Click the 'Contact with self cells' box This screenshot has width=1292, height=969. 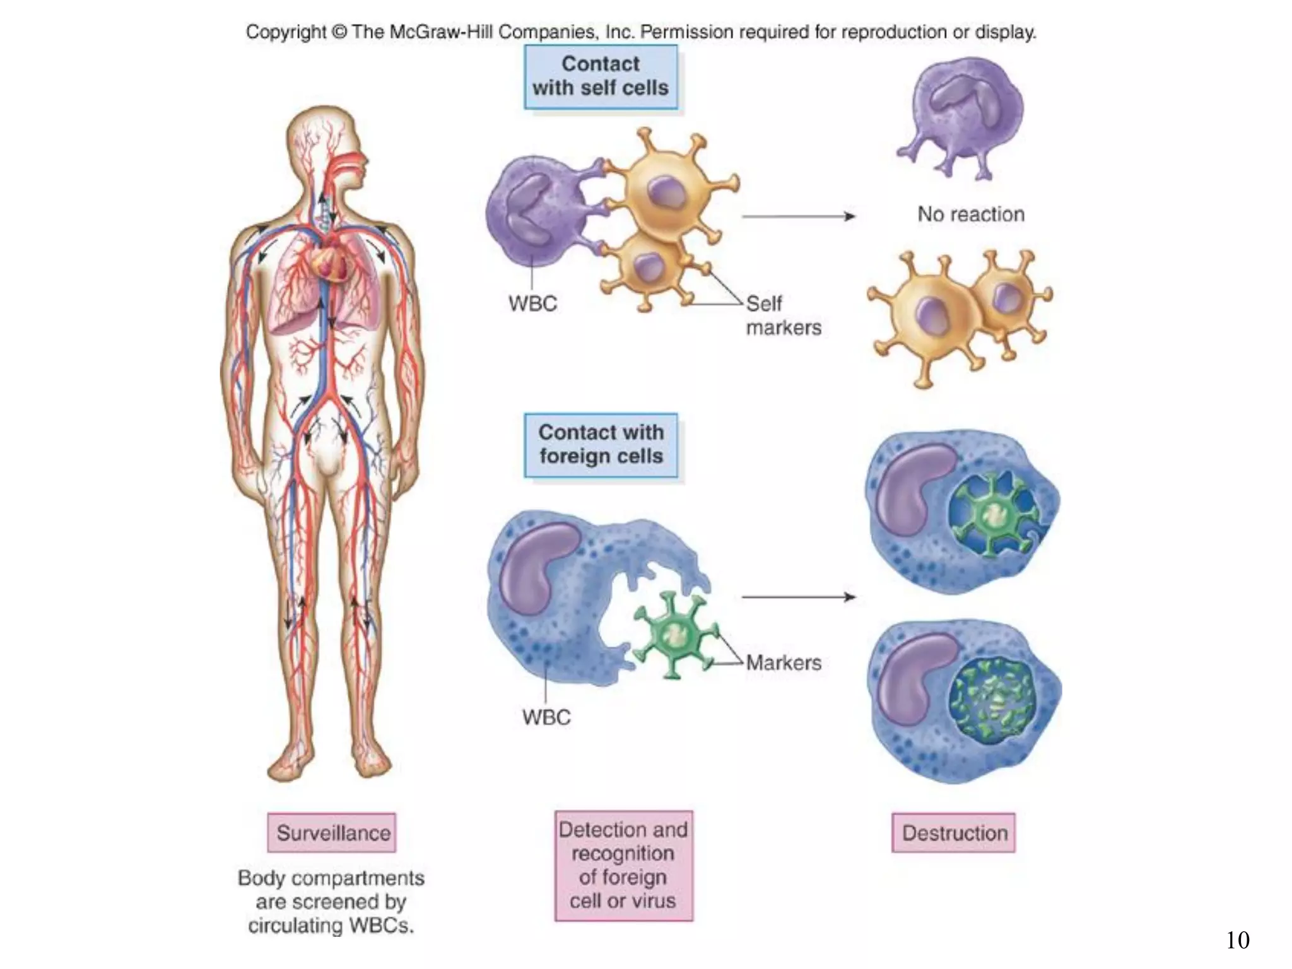[601, 76]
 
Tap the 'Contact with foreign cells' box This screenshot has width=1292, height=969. [601, 445]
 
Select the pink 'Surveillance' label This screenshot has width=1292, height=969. [332, 833]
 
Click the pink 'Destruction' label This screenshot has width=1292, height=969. [954, 833]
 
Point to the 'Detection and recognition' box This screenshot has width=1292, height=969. [623, 865]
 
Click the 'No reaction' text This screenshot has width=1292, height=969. [970, 214]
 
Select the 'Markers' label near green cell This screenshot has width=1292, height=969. [784, 662]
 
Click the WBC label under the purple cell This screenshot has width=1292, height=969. [533, 303]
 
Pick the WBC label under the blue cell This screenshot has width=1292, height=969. [546, 717]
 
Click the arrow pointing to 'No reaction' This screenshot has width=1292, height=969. [798, 216]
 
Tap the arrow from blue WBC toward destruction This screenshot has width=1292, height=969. [798, 597]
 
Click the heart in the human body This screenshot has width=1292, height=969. [332, 262]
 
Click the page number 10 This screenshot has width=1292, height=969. [1238, 940]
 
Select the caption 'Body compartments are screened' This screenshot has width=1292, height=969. [331, 901]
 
